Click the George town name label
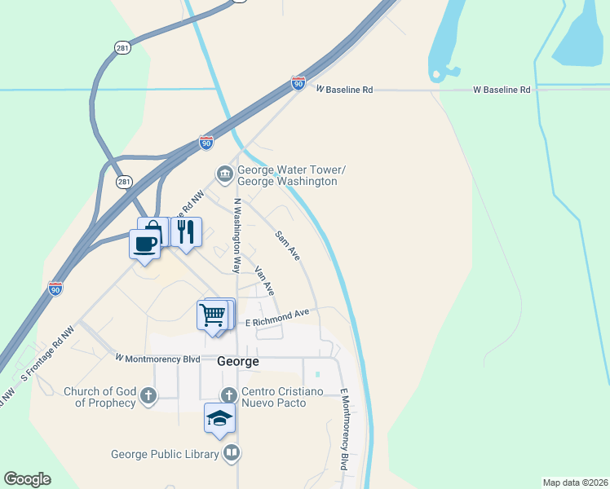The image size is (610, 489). coord(238,361)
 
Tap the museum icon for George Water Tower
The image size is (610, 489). coord(223,174)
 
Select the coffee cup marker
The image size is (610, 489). coord(145,243)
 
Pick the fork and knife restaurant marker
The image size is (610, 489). coord(186,231)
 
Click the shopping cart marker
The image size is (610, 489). coord(212,314)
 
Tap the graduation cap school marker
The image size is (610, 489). coord(219,418)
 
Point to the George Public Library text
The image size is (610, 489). coord(166,454)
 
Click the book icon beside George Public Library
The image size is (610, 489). coord(232,452)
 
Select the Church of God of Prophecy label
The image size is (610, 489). coord(99,397)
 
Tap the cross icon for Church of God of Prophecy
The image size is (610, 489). coord(148,396)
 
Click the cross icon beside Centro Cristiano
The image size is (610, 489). coord(229,396)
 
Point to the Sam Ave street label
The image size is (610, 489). coord(288,245)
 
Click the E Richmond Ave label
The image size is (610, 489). coord(278,318)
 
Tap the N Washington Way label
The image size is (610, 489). coord(237,235)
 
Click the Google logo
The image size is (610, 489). coord(27,479)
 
